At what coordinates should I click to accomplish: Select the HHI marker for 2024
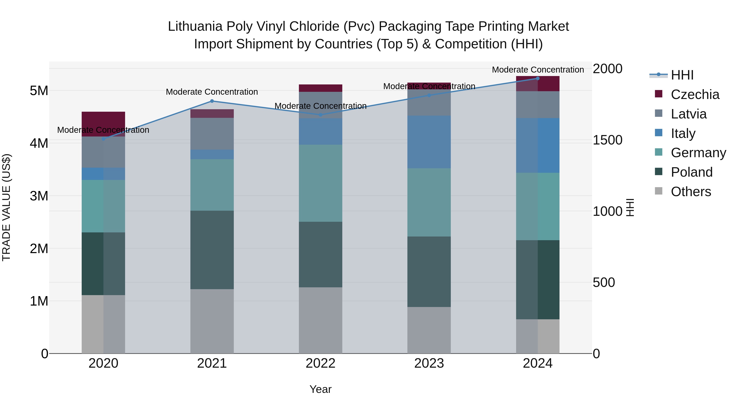[x=537, y=78]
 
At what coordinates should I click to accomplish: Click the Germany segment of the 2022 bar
[x=320, y=183]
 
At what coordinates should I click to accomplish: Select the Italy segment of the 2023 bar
[x=429, y=142]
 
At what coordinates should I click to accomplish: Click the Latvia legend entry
[x=688, y=114]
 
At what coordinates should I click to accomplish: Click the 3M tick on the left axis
[x=39, y=196]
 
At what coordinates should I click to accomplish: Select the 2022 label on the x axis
[x=320, y=363]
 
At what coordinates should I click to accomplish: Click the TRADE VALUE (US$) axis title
[x=6, y=207]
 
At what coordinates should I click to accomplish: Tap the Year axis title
[x=320, y=389]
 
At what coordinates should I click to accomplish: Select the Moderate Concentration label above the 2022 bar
[x=320, y=106]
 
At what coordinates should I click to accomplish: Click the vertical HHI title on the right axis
[x=630, y=207]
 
